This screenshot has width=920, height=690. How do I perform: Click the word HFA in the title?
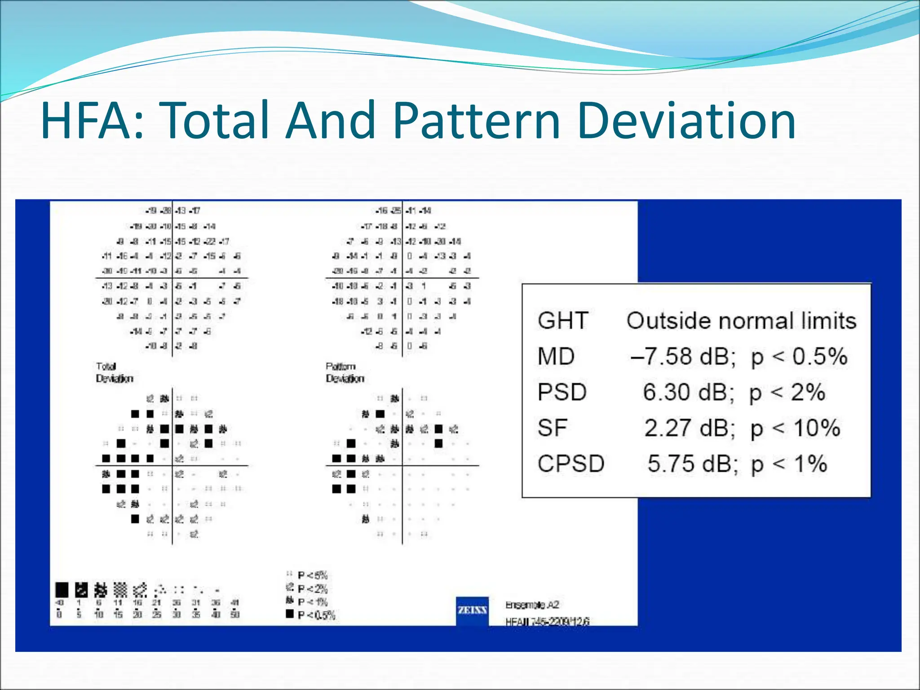coord(88,120)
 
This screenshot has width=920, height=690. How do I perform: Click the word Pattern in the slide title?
coord(476,120)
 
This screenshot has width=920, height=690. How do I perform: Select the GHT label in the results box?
coord(563,321)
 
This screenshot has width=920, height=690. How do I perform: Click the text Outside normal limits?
coord(741,321)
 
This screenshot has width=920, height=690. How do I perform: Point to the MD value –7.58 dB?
coord(683,356)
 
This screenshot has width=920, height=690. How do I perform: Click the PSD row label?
coord(562,392)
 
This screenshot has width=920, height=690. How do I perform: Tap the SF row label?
coord(552,428)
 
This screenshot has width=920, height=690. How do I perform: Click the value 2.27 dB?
coord(690,428)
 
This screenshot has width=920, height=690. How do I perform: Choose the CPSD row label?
coord(571,463)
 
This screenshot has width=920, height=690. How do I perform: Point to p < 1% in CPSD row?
coord(789,464)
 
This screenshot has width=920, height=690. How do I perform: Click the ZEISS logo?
coord(472,610)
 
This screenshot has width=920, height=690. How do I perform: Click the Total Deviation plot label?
coord(114,372)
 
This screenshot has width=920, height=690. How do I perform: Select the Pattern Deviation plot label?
coord(345,372)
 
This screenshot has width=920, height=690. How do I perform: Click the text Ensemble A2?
coord(532,605)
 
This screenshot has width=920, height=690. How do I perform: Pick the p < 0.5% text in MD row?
coord(799,357)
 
